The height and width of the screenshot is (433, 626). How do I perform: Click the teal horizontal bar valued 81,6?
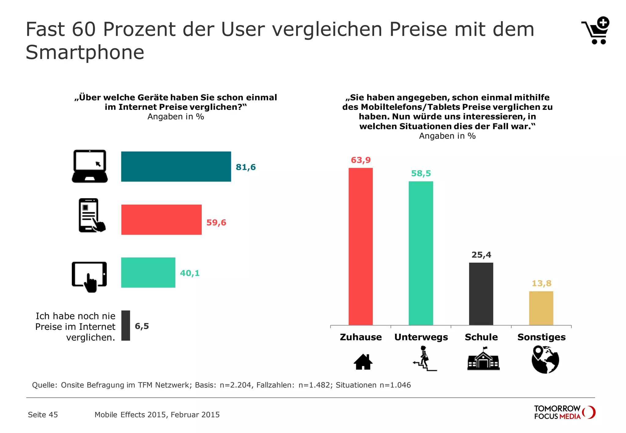[x=176, y=166]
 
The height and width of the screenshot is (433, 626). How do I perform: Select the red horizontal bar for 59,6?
[x=161, y=220]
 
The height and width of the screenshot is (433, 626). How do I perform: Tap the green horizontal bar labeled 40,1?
[x=148, y=272]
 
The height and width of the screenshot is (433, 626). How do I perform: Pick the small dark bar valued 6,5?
[x=126, y=326]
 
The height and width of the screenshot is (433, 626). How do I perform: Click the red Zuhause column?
[x=361, y=246]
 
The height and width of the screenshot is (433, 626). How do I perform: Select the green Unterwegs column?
[x=421, y=253]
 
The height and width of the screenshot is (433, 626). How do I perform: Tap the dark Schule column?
[x=481, y=293]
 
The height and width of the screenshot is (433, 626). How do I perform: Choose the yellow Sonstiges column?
[x=541, y=308]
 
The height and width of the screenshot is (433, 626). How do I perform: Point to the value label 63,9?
[x=361, y=160]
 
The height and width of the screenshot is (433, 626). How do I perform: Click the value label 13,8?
[x=541, y=283]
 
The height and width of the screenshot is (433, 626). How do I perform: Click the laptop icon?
[x=90, y=166]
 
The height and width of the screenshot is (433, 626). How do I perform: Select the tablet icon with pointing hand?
[x=89, y=276]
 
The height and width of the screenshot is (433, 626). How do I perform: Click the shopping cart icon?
[x=595, y=31]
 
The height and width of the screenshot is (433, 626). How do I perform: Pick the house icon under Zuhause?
[x=363, y=362]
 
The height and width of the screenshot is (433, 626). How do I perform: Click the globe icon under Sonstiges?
[x=545, y=359]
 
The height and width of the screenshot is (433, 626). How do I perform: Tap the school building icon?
[x=483, y=359]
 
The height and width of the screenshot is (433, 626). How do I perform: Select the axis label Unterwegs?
[x=421, y=337]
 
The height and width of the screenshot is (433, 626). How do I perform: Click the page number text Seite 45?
[x=43, y=415]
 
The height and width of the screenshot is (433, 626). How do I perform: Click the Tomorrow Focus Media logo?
[x=564, y=412]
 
